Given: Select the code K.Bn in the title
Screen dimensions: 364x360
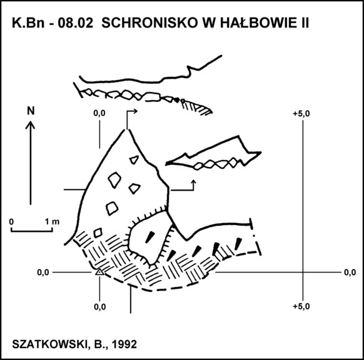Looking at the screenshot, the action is tap(28, 23).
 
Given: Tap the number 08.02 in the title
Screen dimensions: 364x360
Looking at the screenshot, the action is tap(76, 23).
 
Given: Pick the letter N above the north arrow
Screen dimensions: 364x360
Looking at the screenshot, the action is tap(31, 111).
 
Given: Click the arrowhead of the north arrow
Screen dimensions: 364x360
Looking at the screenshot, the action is tap(30, 125).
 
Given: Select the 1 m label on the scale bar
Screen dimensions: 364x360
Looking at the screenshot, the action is tap(52, 222).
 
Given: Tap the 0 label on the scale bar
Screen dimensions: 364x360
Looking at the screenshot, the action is tap(11, 222).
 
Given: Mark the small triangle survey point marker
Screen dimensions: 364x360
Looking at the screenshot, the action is tap(99, 272).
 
